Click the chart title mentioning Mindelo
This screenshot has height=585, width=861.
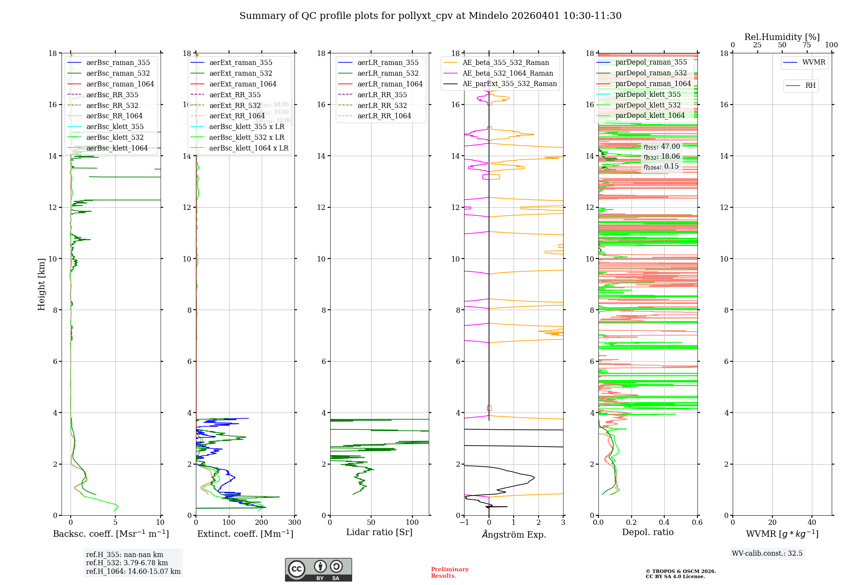[x=430, y=16]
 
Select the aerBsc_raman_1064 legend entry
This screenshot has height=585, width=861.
[x=120, y=84]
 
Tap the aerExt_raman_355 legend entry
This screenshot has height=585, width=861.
[x=241, y=63]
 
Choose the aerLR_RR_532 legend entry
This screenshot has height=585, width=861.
[x=382, y=105]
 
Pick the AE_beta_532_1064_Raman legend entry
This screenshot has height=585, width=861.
[x=508, y=73]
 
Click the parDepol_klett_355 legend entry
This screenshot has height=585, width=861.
[x=648, y=94]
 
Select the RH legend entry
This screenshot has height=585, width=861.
[x=810, y=86]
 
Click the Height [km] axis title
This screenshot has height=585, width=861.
[x=41, y=284]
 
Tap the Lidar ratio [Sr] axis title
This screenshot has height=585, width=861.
[x=379, y=532]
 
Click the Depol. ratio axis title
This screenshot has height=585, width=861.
[x=647, y=532]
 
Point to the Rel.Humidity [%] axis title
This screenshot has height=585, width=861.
[x=782, y=37]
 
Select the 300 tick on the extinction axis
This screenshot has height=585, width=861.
[x=295, y=523]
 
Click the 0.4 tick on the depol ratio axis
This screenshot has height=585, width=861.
[x=664, y=523]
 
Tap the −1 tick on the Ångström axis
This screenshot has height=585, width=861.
[x=464, y=523]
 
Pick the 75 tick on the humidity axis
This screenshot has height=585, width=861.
[x=806, y=45]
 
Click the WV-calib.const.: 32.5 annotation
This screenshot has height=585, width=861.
[x=767, y=553]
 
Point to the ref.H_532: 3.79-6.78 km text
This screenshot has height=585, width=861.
[x=127, y=563]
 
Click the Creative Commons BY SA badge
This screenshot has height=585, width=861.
[x=318, y=570]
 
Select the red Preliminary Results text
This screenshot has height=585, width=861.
[x=449, y=572]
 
